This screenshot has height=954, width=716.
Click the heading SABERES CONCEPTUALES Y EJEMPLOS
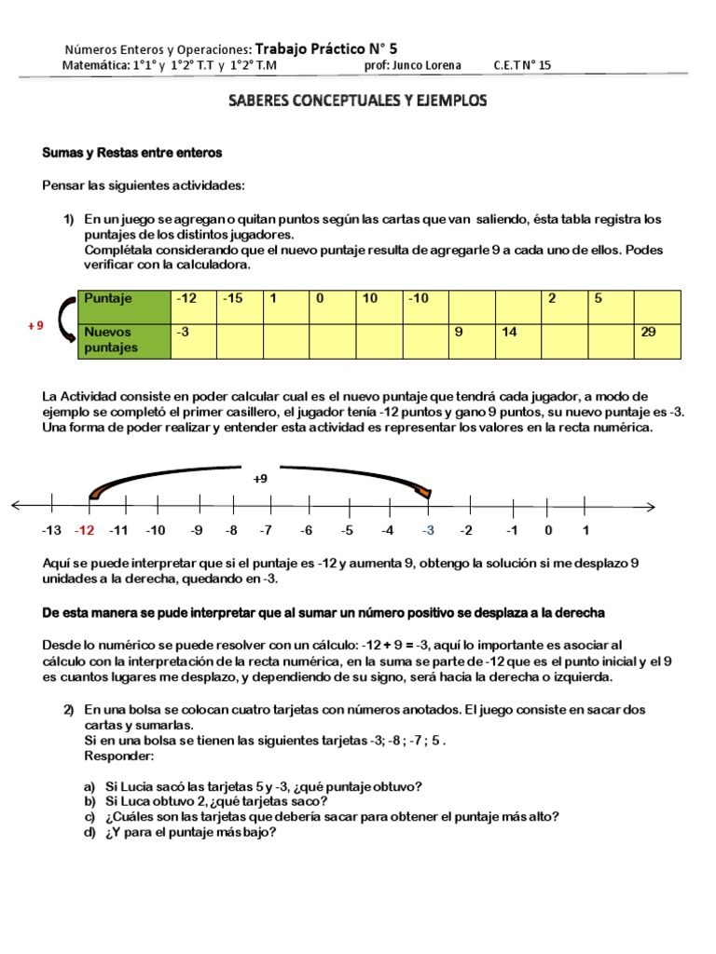pyautogui.click(x=358, y=101)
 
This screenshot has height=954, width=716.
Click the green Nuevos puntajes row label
pyautogui.click(x=124, y=340)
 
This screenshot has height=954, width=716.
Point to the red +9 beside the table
pyautogui.click(x=34, y=327)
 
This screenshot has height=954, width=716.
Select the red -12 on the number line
pyautogui.click(x=85, y=530)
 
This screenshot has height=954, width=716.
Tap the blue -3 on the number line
pyautogui.click(x=428, y=530)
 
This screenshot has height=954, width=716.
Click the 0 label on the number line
pyautogui.click(x=548, y=530)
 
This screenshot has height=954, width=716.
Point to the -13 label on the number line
pyautogui.click(x=51, y=530)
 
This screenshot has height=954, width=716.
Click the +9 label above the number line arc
pyautogui.click(x=260, y=478)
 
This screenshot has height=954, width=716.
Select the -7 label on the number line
pyautogui.click(x=266, y=530)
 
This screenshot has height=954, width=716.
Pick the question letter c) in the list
pyautogui.click(x=89, y=817)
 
